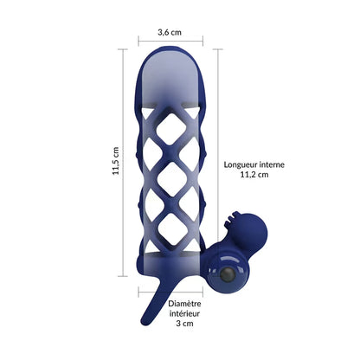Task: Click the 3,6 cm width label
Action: [170, 32]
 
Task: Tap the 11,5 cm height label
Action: [115, 160]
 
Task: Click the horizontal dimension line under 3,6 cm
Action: [170, 41]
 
